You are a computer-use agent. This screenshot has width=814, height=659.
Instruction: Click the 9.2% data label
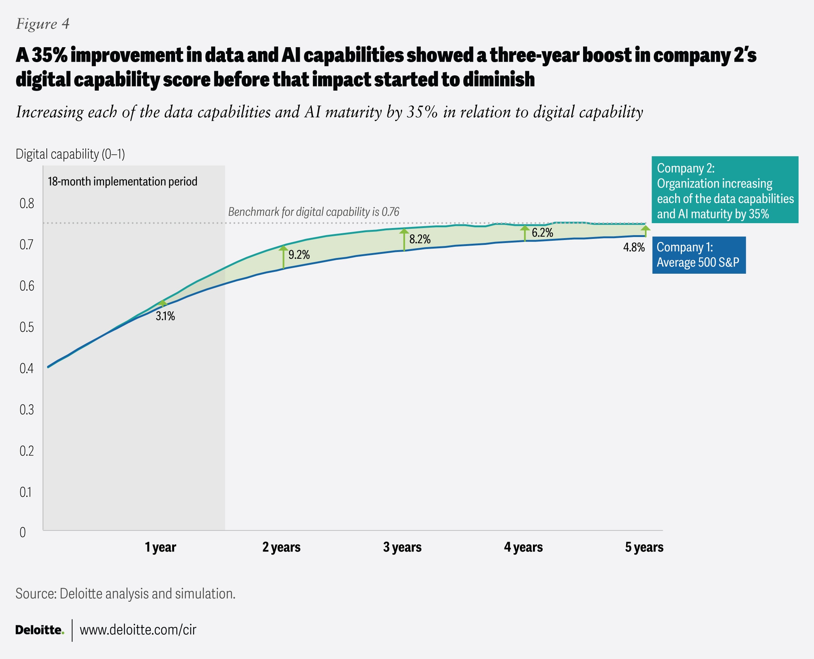tap(299, 255)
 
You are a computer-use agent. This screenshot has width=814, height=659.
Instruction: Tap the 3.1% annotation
tap(165, 316)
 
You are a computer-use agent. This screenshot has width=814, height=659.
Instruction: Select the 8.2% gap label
tap(420, 239)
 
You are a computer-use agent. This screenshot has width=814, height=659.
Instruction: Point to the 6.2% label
tap(542, 233)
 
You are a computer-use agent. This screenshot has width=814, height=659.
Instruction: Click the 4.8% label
tap(634, 247)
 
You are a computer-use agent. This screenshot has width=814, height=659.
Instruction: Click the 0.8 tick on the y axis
tap(27, 203)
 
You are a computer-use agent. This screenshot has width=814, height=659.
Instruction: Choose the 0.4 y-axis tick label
tap(27, 368)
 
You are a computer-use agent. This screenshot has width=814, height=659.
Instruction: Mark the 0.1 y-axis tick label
tap(26, 492)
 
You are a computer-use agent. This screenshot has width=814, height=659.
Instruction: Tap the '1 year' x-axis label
tap(161, 547)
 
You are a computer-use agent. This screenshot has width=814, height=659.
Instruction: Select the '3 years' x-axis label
tap(402, 547)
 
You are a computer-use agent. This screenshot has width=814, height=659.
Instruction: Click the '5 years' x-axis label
tap(644, 547)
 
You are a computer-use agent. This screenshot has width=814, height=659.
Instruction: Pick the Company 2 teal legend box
tap(725, 190)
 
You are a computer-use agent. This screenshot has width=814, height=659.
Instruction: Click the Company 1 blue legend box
tap(699, 255)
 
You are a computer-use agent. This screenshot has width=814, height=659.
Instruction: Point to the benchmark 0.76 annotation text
tap(314, 212)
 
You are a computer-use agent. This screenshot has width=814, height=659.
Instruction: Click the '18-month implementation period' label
tap(123, 182)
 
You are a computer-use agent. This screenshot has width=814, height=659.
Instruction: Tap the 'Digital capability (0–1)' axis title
tap(70, 154)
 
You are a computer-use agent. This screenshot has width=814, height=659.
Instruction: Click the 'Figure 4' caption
tap(43, 24)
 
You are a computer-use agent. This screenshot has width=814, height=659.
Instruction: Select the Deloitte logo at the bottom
tap(39, 630)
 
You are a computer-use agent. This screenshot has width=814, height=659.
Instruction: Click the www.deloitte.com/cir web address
tap(138, 630)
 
